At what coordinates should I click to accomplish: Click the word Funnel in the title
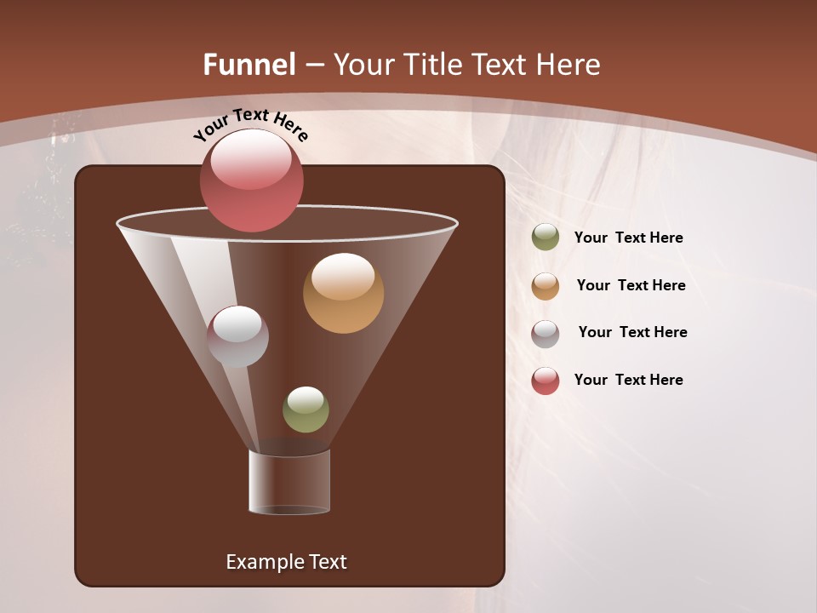click(249, 65)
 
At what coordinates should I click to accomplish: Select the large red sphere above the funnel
click(252, 181)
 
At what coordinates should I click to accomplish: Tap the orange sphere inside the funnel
click(343, 294)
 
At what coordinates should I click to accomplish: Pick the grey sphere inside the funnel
click(237, 337)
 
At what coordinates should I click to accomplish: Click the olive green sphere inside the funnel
click(306, 410)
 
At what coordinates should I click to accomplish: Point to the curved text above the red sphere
click(251, 124)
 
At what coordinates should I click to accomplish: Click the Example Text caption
click(286, 562)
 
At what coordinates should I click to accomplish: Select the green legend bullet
click(546, 238)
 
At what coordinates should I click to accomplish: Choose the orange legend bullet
click(546, 285)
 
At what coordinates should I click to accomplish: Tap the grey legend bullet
click(546, 333)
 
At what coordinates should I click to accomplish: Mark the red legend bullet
click(546, 381)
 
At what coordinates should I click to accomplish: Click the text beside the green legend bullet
click(628, 238)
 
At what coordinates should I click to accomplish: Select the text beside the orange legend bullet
click(631, 286)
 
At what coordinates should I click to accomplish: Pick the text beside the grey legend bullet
click(632, 333)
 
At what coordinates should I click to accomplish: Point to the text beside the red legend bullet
click(628, 381)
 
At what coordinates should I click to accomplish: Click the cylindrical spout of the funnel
click(289, 482)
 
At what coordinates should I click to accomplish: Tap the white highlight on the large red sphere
click(250, 160)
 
